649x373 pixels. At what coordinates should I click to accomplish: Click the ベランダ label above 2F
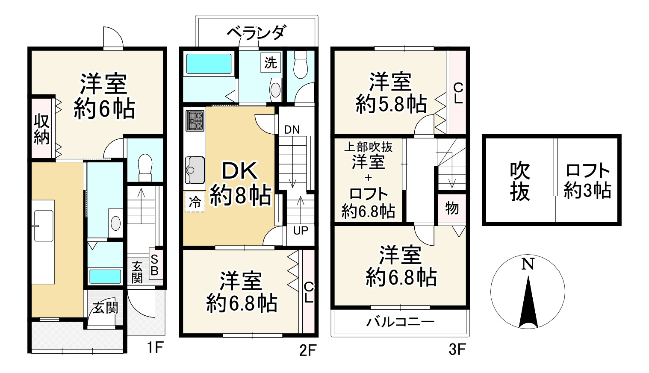coord(255,32)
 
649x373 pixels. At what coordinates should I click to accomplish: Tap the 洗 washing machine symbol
coord(270,62)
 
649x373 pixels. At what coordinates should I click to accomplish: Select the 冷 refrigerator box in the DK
coord(195,203)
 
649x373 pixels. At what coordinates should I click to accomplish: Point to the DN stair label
coord(292,129)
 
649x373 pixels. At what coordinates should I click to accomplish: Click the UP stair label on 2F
coord(301,231)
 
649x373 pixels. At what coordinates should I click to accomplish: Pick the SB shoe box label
coord(155,265)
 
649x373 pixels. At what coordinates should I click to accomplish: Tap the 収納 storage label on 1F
coord(41,129)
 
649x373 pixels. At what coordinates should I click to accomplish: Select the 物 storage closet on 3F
coord(452,209)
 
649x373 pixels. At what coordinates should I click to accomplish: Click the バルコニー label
coord(400,321)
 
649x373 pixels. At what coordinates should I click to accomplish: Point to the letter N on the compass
coord(528,264)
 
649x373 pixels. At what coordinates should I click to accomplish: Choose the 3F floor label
coord(456,350)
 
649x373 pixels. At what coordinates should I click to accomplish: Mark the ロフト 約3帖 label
coord(587,180)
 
